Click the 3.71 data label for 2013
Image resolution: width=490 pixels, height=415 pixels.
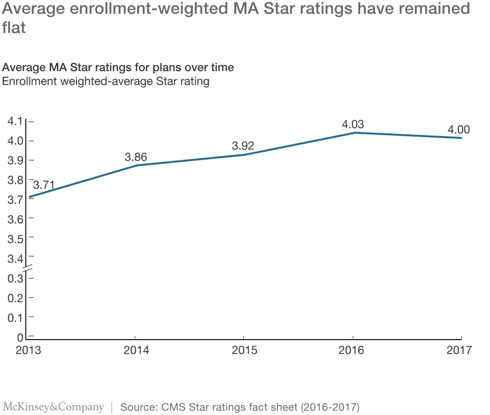point(43,185)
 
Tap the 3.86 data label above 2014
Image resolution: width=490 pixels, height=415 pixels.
point(136,157)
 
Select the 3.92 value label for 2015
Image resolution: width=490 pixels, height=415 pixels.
point(243,146)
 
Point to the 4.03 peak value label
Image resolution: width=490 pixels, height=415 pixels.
point(353,124)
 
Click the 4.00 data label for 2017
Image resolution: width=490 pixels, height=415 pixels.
point(459,130)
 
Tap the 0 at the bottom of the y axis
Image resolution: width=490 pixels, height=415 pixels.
point(20,337)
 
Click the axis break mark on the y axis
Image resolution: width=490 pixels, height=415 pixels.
point(26,268)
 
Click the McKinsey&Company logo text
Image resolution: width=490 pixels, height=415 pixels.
point(53,407)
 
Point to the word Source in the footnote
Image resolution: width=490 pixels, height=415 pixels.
point(135,407)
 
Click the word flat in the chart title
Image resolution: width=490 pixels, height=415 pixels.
point(13,28)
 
